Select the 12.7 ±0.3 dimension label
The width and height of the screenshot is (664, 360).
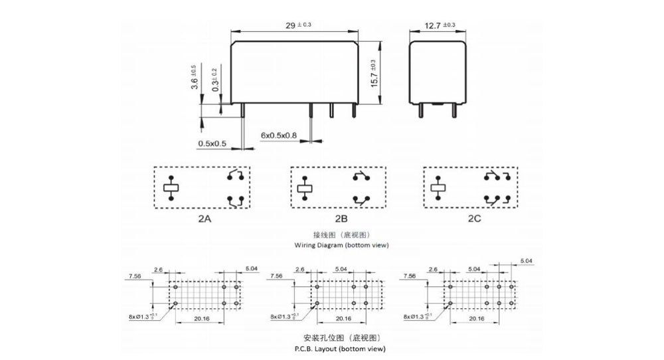click(440, 25)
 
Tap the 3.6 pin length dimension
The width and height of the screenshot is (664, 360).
click(194, 78)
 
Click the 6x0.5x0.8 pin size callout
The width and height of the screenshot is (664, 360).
click(279, 135)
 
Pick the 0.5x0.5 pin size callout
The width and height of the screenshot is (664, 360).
click(212, 143)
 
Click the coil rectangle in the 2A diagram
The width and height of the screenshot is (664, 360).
click(171, 188)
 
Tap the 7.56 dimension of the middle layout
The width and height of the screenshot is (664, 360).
click(274, 276)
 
